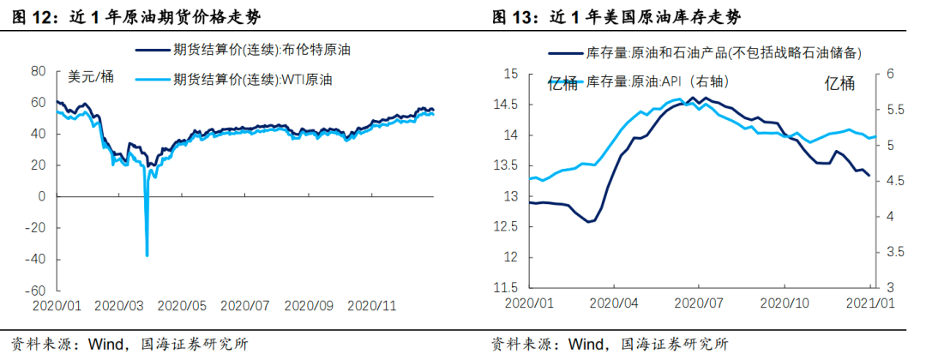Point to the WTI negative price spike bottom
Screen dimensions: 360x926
[147, 255]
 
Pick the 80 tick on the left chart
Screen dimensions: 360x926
[37, 70]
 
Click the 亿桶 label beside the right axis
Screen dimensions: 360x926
[839, 83]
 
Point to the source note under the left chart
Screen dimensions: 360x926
[129, 345]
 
